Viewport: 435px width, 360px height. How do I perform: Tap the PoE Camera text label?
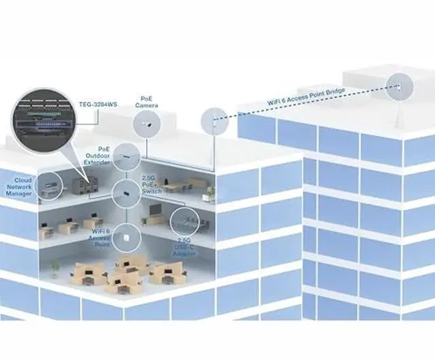point(146,102)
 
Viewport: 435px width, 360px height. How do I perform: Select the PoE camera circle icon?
point(147,124)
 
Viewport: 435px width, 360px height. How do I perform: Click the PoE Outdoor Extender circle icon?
point(126,157)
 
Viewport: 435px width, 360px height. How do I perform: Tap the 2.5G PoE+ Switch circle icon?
point(126,193)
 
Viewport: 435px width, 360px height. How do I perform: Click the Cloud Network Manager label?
point(18,187)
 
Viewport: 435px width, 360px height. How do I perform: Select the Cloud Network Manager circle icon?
point(49,185)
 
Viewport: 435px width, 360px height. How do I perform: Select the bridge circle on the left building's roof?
point(213,122)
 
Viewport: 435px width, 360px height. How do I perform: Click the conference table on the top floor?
point(177,185)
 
